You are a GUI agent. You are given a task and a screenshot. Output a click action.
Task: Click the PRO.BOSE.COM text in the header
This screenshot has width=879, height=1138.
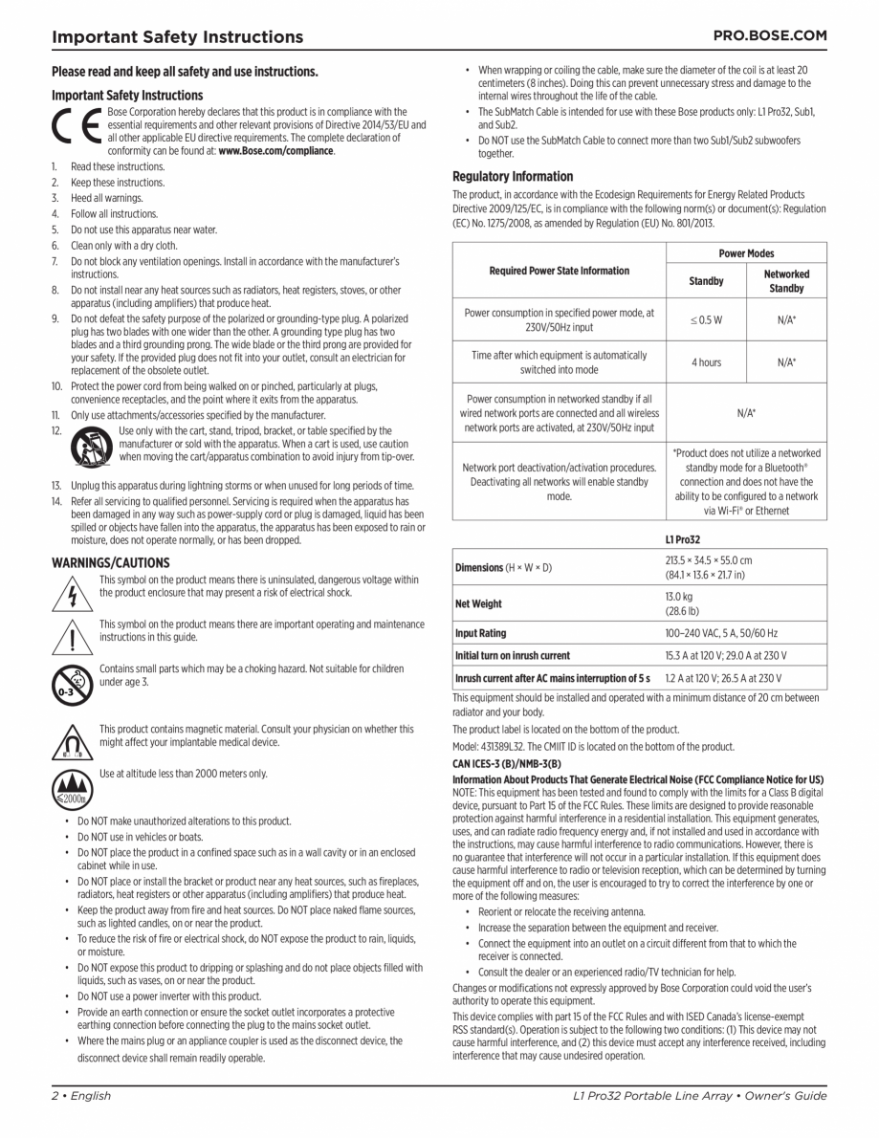(770, 35)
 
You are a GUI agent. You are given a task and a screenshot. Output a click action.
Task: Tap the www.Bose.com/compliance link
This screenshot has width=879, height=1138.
(276, 151)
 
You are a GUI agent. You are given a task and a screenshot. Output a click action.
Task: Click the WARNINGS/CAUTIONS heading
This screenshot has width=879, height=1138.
(110, 563)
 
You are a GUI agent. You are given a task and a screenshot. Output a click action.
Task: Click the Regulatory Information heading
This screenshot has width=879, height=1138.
(513, 177)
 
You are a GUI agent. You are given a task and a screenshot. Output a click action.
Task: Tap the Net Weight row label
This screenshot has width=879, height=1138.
(478, 603)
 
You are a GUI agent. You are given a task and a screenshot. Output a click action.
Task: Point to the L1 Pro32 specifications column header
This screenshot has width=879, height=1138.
(683, 539)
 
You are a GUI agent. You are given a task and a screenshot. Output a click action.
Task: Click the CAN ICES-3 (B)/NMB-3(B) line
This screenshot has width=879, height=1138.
(506, 763)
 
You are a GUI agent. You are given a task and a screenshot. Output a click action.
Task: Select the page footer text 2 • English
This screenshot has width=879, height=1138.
(81, 1095)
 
